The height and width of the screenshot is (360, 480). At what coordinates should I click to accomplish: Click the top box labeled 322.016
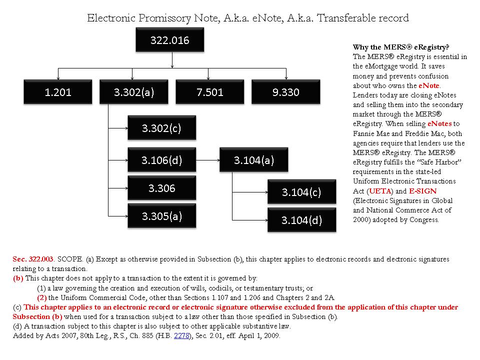(x=170, y=40)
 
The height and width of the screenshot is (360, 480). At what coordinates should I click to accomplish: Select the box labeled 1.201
(x=58, y=92)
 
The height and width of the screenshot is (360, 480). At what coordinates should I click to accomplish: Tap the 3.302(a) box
(x=133, y=92)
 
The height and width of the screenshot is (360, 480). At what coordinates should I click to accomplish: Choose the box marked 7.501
(x=210, y=92)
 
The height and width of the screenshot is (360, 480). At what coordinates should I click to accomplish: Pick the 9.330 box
(x=286, y=92)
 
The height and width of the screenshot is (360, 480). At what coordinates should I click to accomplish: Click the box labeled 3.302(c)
(x=161, y=128)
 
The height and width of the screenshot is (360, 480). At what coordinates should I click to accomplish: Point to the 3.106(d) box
(x=161, y=160)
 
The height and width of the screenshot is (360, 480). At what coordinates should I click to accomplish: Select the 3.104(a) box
(x=253, y=160)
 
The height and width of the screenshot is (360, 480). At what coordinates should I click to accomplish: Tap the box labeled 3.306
(x=161, y=188)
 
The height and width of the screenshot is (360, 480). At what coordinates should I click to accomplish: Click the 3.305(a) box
(x=161, y=216)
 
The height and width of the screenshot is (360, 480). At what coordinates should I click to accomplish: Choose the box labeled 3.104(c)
(x=301, y=192)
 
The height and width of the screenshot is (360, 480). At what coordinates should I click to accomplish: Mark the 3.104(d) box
(x=301, y=220)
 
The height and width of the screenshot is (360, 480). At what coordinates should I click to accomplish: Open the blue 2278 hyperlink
(x=180, y=336)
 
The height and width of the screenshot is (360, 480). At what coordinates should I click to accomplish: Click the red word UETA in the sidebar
(x=376, y=191)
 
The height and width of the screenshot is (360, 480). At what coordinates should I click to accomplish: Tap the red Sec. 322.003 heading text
(x=33, y=259)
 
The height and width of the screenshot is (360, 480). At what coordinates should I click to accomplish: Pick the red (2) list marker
(x=42, y=297)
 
